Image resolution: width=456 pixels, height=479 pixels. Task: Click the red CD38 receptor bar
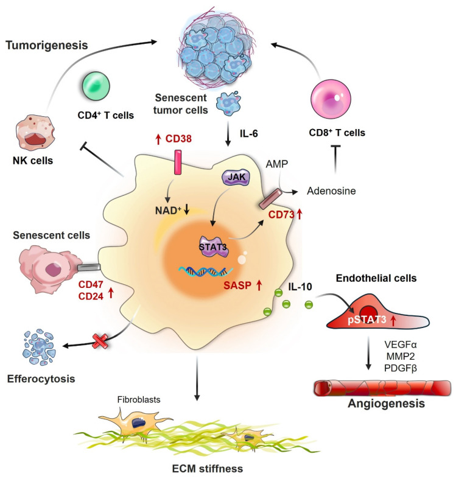click(179, 169)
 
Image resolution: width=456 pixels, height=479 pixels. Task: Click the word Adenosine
click(333, 191)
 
